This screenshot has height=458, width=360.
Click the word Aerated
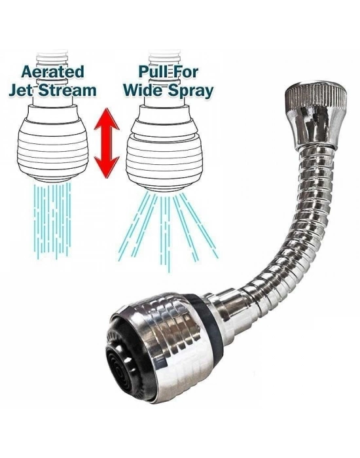coord(53,71)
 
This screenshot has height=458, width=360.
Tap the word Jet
coord(22,90)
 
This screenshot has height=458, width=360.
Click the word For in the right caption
coord(185,71)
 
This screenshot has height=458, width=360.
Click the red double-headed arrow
coord(107,143)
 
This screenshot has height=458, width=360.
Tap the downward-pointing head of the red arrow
coord(107,167)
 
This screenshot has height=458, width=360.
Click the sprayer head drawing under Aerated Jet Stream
coord(52,143)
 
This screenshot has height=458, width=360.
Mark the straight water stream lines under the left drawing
coord(52,220)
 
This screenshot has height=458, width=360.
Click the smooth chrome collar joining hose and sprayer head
coord(231,313)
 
